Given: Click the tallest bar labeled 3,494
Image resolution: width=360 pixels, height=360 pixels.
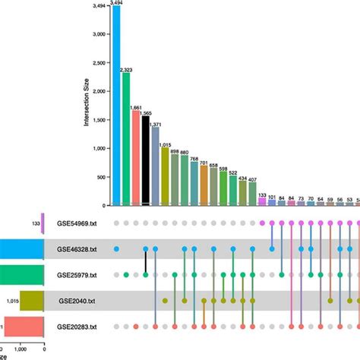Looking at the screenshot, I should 116,106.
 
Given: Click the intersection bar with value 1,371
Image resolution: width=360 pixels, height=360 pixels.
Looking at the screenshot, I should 156,166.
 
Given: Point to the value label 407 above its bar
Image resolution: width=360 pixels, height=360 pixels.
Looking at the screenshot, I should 251,179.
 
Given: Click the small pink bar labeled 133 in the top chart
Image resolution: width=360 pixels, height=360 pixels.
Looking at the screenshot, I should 261,201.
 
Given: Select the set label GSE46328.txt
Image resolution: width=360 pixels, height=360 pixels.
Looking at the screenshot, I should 77,248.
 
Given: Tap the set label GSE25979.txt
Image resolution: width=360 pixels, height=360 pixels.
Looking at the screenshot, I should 77,274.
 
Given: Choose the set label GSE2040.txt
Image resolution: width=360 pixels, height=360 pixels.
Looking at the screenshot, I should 76,300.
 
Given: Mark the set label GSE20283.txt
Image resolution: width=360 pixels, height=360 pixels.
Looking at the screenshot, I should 77,326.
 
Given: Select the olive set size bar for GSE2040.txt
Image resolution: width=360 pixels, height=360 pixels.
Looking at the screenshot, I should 32,300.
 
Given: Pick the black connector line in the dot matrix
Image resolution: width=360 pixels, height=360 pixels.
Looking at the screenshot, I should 146,261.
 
